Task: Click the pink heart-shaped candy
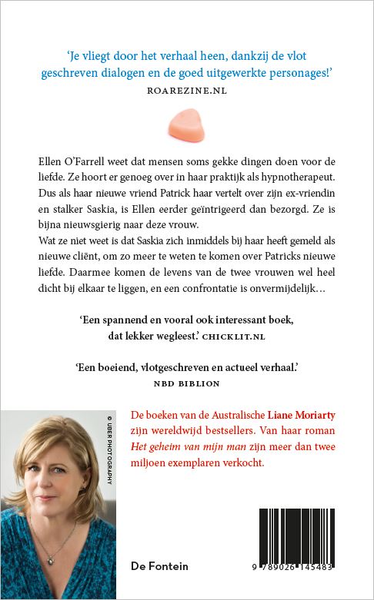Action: click(186, 122)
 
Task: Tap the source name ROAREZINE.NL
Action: click(187, 90)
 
